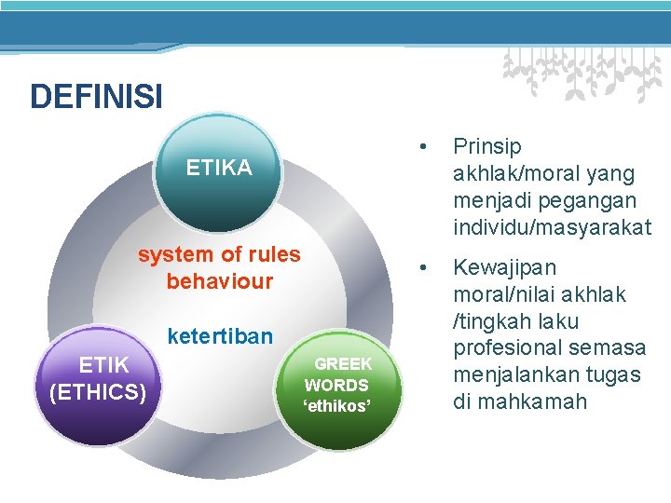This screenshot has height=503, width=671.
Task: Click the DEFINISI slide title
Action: tap(96, 96)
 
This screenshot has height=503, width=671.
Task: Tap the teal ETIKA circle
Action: tap(218, 177)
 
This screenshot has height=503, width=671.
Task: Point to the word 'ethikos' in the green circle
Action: tap(337, 406)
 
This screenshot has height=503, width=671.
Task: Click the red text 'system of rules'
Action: tap(219, 254)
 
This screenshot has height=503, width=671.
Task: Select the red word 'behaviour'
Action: tap(219, 280)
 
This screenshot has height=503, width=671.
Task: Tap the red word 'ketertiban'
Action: tap(219, 335)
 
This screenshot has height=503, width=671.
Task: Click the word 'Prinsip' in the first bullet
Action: tap(486, 146)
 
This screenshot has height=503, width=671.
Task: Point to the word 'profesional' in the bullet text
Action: tap(504, 348)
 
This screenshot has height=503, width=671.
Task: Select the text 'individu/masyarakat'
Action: tap(552, 227)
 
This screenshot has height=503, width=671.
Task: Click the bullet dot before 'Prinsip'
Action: tap(424, 146)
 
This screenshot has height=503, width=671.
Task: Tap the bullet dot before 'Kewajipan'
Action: tap(424, 267)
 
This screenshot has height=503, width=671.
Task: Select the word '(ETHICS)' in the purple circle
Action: tap(98, 392)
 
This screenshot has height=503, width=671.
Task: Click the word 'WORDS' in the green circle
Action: tap(337, 385)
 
